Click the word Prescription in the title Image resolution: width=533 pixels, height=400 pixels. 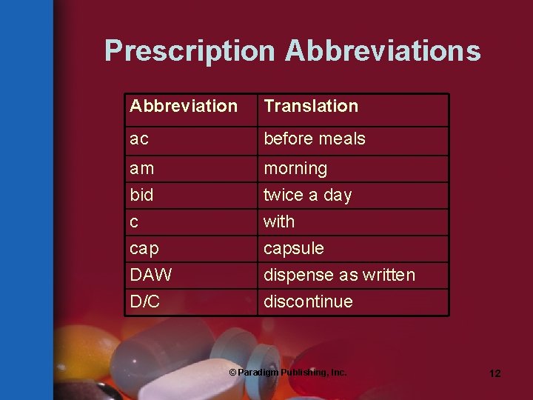click(190, 51)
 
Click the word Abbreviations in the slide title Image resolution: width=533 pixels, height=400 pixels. click(383, 51)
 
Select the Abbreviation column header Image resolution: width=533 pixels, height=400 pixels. click(184, 106)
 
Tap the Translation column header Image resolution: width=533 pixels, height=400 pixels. click(311, 106)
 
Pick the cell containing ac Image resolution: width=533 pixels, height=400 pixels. click(138, 139)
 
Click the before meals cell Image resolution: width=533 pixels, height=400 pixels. click(315, 139)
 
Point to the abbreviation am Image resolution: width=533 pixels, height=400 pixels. click(142, 169)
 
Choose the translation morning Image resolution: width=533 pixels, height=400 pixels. click(295, 169)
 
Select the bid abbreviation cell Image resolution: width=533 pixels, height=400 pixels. click(141, 196)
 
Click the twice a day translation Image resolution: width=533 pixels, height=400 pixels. click(308, 196)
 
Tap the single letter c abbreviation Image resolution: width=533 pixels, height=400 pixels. click(134, 222)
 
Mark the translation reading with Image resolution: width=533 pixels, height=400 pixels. click(279, 221)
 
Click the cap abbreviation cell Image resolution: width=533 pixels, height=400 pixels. click(144, 249)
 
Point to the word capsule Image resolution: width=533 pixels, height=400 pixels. click(294, 249)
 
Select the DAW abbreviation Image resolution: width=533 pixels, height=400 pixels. click(151, 276)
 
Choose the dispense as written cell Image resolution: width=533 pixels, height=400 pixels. click(340, 276)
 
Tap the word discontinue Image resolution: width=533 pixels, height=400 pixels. click(309, 302)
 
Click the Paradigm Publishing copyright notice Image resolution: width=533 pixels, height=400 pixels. click(288, 373)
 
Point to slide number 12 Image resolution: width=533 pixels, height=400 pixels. click(495, 373)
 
